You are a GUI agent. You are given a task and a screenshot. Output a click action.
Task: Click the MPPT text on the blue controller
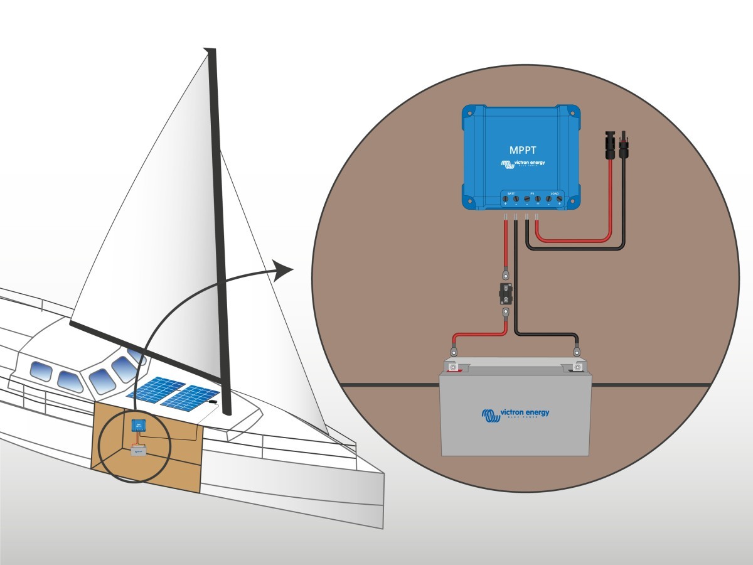pos(522,151)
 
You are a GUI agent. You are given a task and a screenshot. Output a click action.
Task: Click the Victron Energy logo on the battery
pos(515,414)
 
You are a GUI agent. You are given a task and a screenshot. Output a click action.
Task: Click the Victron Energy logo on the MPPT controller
pos(523,164)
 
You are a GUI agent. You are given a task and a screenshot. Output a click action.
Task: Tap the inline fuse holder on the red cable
pos(505,293)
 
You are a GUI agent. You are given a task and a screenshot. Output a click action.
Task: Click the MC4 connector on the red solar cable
pos(609,145)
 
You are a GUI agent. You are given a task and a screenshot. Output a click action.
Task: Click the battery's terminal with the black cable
pos(577,365)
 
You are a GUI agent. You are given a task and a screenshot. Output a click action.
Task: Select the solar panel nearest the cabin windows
pos(152,389)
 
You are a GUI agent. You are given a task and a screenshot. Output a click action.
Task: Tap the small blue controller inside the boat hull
pos(137,426)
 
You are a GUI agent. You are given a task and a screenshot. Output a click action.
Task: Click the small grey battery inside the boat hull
pos(137,450)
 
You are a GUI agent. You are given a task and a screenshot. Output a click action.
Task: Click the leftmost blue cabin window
pos(41,370)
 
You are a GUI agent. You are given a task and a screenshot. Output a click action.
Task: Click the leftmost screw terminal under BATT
pos(505,199)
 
